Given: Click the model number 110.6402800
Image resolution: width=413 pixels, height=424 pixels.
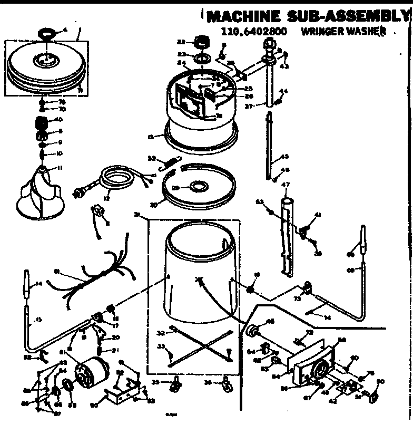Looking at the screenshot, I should (x=254, y=31).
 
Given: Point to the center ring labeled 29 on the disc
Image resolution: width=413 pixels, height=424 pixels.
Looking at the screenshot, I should (x=198, y=187).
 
